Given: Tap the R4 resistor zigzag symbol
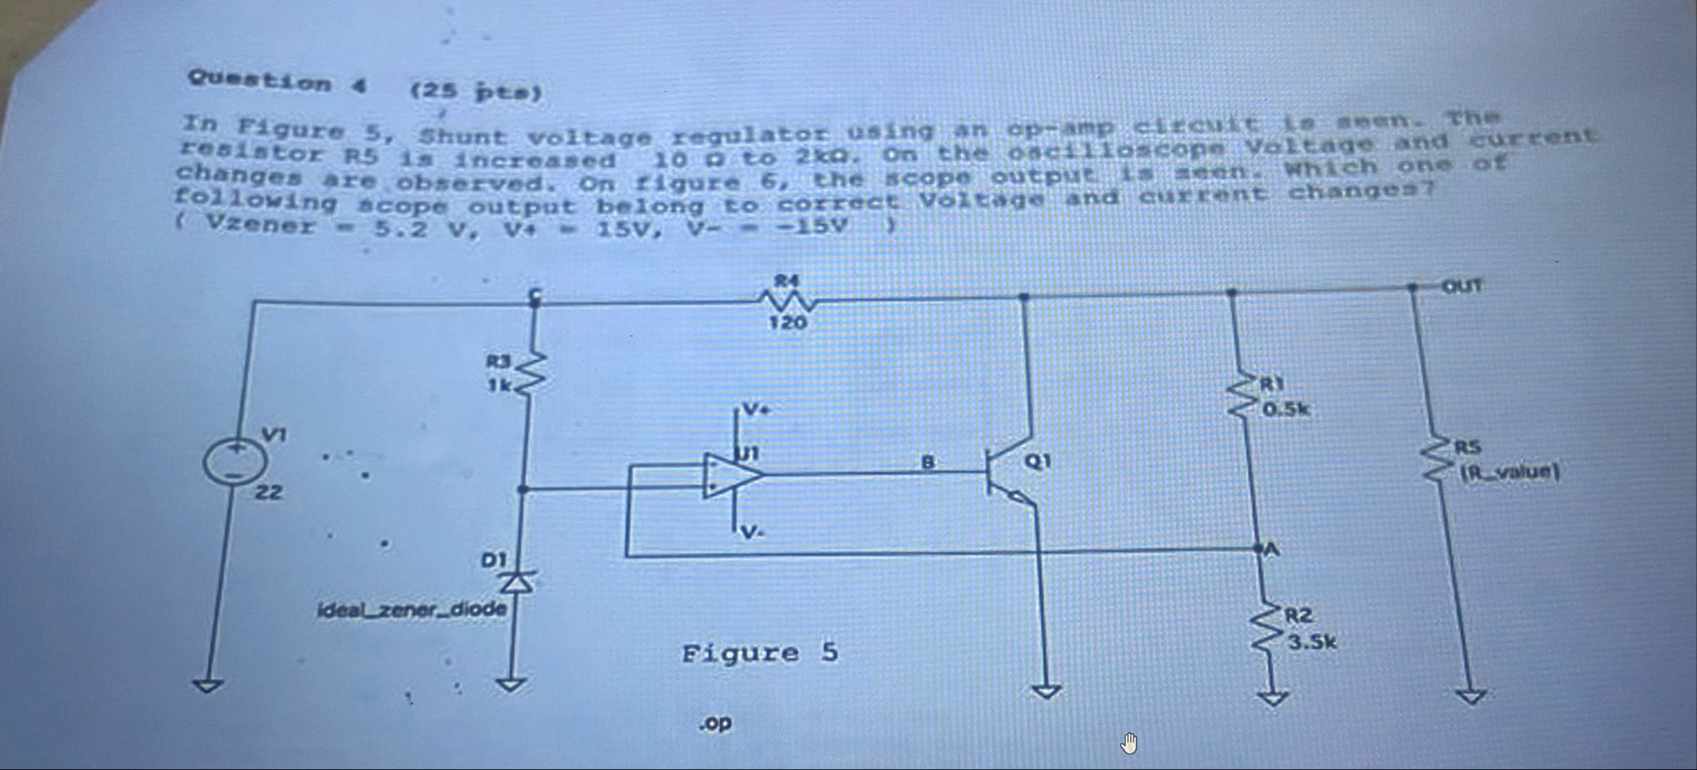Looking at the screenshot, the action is (x=787, y=300).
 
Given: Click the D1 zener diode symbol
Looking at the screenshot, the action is (x=518, y=581).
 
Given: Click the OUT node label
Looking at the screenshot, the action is (x=1462, y=286).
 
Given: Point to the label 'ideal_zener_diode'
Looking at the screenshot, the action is (x=411, y=610).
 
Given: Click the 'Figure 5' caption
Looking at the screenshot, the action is (x=759, y=653).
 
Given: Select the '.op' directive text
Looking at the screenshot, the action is (x=715, y=724).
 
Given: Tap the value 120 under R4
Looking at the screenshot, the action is (x=788, y=323).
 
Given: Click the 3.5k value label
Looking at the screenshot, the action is (x=1311, y=642).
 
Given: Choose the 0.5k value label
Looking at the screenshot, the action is (x=1286, y=409).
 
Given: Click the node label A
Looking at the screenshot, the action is (x=1271, y=549).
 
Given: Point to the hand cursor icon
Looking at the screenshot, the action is (x=1128, y=743).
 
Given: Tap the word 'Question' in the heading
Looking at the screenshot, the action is (x=259, y=82).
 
